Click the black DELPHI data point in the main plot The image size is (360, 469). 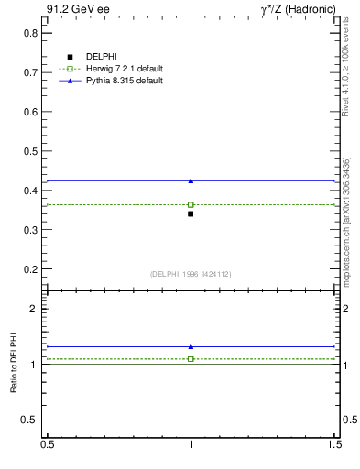point(191,213)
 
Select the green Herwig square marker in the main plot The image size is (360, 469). point(191,204)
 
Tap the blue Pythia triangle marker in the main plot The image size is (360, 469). point(191,180)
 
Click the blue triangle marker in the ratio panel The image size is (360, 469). point(191,346)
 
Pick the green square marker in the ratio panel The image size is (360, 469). point(191,359)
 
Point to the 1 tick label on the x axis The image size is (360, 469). point(191,444)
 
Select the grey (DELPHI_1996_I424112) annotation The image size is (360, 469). point(191,273)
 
